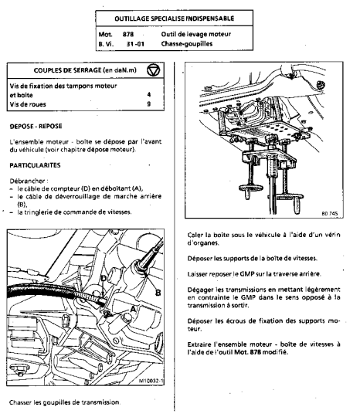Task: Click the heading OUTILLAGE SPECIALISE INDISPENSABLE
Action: pyautogui.click(x=175, y=19)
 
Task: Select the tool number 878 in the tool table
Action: pyautogui.click(x=128, y=34)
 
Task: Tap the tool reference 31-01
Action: pyautogui.click(x=135, y=44)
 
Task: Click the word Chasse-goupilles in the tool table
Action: pyautogui.click(x=187, y=43)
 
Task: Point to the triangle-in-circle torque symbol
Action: pyautogui.click(x=154, y=70)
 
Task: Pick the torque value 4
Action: pyautogui.click(x=149, y=94)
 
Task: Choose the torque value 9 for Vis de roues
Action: pyautogui.click(x=149, y=103)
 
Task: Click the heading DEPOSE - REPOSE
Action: pyautogui.click(x=36, y=126)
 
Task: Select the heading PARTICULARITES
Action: pyautogui.click(x=35, y=165)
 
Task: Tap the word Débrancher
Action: pyautogui.click(x=27, y=181)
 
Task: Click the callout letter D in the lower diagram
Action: pyautogui.click(x=104, y=279)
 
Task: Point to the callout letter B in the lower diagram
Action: pyautogui.click(x=158, y=293)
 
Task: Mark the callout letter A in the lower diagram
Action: pyautogui.click(x=133, y=309)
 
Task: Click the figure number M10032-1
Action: pyautogui.click(x=151, y=381)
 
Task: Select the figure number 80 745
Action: pyautogui.click(x=330, y=213)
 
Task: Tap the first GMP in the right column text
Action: pyautogui.click(x=246, y=274)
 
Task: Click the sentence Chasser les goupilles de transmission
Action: pyautogui.click(x=65, y=402)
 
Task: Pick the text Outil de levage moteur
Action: pyautogui.click(x=196, y=34)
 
